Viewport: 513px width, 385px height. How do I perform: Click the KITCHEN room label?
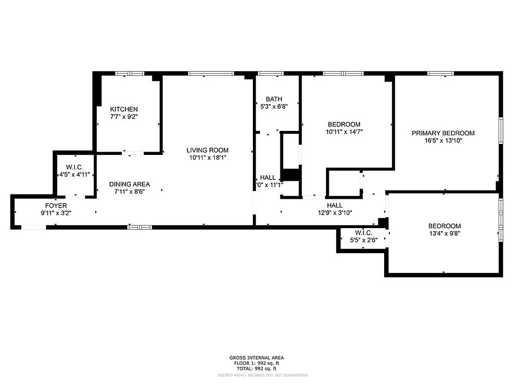(x=124, y=109)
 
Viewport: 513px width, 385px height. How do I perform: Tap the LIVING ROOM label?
(x=208, y=150)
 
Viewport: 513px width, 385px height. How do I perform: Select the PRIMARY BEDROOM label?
(x=443, y=133)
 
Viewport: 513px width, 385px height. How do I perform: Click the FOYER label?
(x=57, y=205)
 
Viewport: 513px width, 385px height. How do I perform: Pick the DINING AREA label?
(x=129, y=184)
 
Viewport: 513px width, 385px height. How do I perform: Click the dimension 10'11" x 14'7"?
(x=344, y=131)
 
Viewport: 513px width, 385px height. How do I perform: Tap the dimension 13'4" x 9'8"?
(x=444, y=233)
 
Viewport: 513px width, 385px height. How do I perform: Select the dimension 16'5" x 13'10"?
(x=443, y=141)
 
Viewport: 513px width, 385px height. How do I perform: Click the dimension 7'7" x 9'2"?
(x=124, y=116)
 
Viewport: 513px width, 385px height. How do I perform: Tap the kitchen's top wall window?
(x=129, y=74)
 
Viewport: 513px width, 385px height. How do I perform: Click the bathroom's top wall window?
(x=271, y=74)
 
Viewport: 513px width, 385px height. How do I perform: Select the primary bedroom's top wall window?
(x=441, y=74)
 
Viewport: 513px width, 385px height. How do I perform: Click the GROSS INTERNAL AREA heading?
(x=256, y=358)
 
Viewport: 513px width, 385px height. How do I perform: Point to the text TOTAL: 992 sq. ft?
(x=256, y=368)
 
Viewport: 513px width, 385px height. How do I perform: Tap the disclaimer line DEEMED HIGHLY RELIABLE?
(x=256, y=374)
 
